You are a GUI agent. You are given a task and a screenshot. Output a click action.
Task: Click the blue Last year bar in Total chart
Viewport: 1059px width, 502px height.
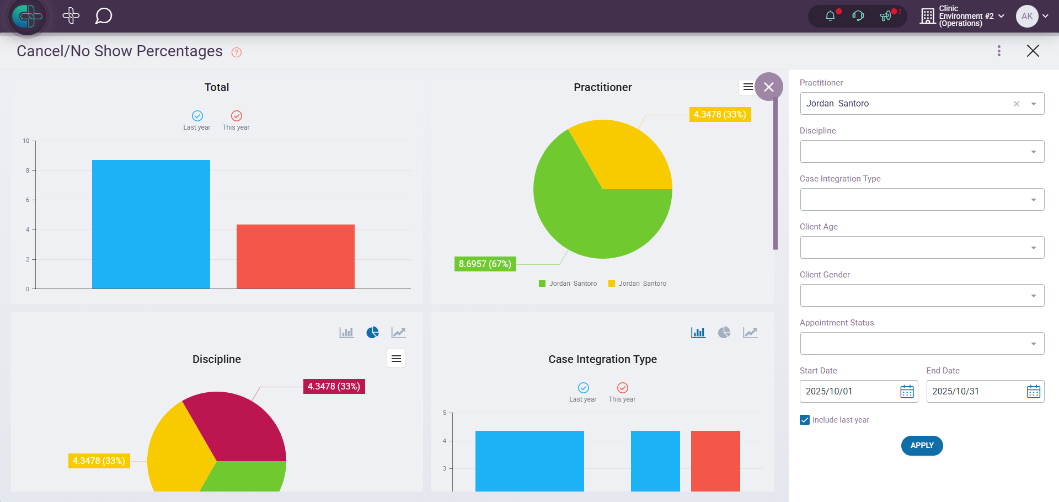[x=151, y=224]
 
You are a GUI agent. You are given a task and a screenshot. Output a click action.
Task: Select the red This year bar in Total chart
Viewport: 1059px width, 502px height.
[x=295, y=256]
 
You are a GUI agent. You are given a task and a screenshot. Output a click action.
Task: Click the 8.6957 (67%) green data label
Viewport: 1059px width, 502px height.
[x=485, y=264]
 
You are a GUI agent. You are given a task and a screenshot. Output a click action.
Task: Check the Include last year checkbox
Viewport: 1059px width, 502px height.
[x=805, y=420]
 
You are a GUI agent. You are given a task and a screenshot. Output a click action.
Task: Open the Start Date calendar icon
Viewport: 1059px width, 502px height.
[x=907, y=392]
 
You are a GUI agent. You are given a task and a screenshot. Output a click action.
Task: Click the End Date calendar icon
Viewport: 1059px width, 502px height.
[x=1033, y=392]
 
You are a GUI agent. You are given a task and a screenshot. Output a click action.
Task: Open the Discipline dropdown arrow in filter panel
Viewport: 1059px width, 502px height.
[x=1033, y=152]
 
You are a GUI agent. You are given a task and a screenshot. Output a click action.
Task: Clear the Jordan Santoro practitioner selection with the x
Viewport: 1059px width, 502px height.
[x=1017, y=104]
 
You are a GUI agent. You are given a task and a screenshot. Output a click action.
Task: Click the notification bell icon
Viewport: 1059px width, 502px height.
[x=830, y=16]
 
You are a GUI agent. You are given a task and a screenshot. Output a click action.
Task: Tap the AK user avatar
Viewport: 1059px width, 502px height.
[x=1026, y=16]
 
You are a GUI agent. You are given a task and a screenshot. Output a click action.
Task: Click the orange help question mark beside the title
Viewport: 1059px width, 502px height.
[x=237, y=52]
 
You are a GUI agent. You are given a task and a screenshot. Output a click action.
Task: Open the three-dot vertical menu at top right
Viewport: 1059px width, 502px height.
[x=999, y=51]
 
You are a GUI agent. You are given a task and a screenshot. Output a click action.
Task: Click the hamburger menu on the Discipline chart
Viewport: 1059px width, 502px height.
[x=396, y=359]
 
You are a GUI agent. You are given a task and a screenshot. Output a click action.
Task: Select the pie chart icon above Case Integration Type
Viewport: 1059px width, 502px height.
[x=724, y=333]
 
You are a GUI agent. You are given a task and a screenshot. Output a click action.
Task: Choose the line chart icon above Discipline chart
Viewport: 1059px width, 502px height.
[x=398, y=333]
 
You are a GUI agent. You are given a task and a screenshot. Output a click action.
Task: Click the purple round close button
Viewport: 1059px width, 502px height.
[x=769, y=87]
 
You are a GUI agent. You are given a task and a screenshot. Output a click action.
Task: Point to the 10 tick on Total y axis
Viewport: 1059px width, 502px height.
[x=26, y=141]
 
